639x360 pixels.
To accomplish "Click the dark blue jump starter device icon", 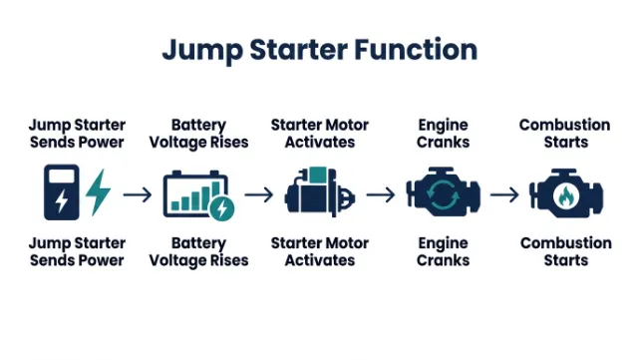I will coord(61,192).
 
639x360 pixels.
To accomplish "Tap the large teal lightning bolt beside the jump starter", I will coord(99,192).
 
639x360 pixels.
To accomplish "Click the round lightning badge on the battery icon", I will coord(221,207).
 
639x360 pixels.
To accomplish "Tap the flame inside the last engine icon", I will coord(564,195).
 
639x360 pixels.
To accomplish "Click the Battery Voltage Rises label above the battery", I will coord(198,134).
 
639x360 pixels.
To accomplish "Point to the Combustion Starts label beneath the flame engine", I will coord(565,251).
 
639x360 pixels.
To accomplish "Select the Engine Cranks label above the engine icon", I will coord(444,134).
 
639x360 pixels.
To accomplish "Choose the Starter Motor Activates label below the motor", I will coord(320,251).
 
